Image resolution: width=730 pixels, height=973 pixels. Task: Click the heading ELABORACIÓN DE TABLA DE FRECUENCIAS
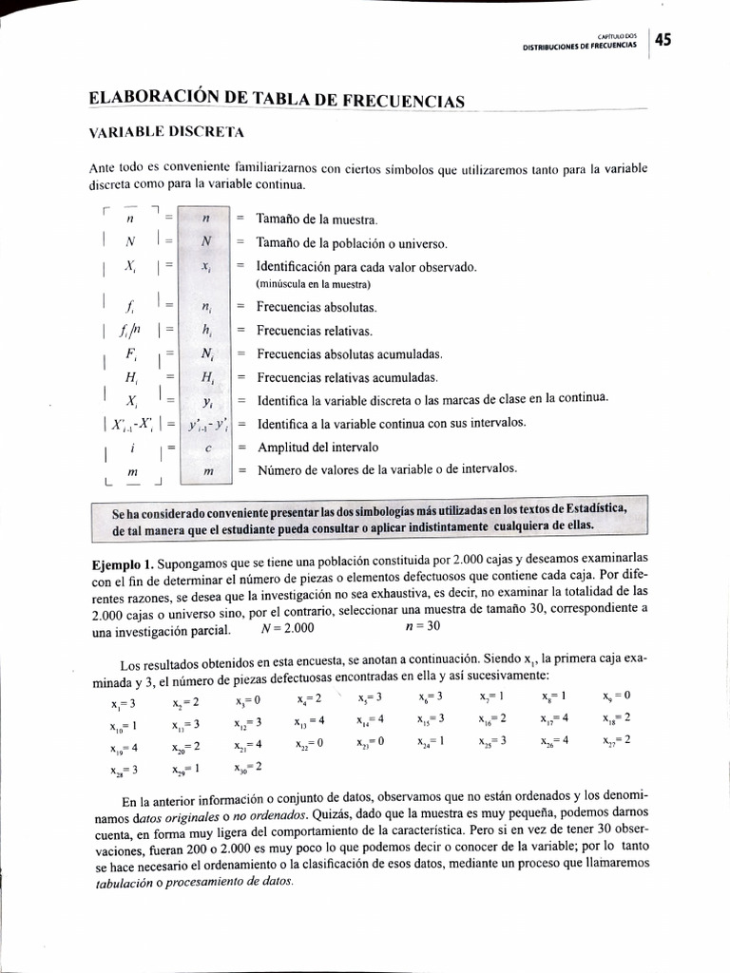coord(277,99)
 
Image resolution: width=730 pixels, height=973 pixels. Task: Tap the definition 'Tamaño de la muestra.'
coord(317,219)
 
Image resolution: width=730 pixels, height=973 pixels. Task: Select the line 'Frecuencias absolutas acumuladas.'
coord(350,353)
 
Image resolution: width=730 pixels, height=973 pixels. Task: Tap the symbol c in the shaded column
coord(205,447)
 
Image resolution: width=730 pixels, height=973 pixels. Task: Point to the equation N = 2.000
coord(287,628)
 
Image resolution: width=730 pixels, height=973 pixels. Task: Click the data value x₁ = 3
coord(124,703)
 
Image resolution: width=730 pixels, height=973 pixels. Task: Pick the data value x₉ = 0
coord(616,696)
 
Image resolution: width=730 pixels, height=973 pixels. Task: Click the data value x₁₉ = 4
coord(124,748)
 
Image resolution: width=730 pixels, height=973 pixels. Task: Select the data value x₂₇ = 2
coord(616,740)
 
